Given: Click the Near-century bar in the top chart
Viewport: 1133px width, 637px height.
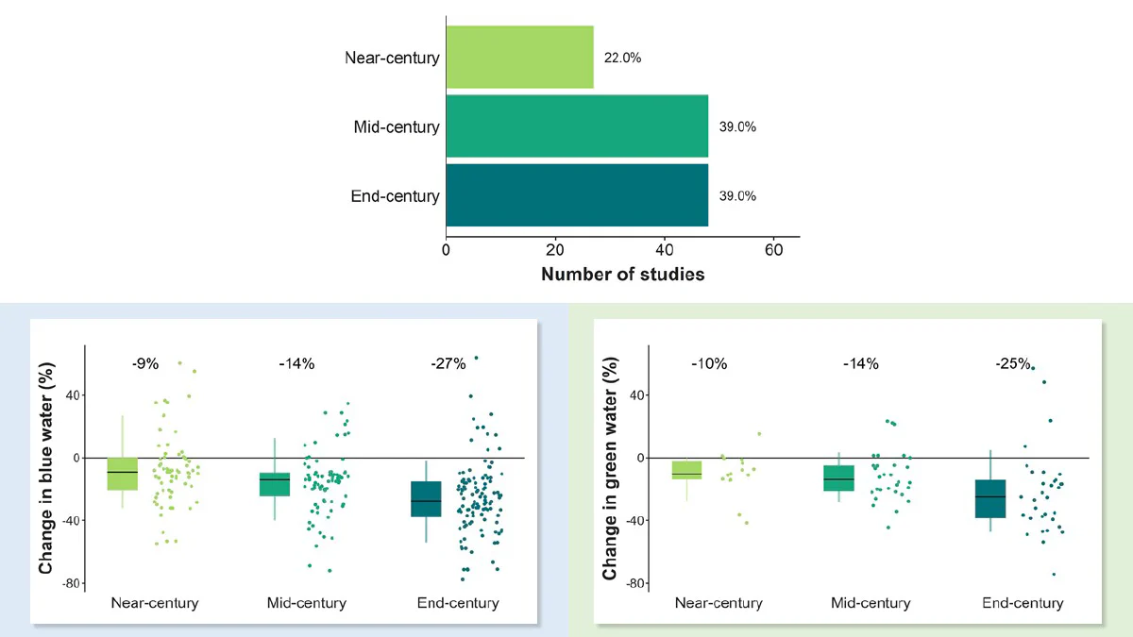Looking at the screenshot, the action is [x=520, y=58].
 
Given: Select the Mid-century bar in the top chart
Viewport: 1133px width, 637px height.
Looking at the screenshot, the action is [x=577, y=126].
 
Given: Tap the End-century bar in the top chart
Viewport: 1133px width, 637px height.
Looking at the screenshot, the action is [x=577, y=195].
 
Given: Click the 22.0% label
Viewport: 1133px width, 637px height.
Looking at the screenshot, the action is [x=622, y=58].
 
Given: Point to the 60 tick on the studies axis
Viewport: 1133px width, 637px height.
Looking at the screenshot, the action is [x=774, y=250].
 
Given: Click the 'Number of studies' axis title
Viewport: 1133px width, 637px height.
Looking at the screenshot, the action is [x=622, y=274].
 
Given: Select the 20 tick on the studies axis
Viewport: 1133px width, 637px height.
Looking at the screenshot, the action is [x=555, y=250].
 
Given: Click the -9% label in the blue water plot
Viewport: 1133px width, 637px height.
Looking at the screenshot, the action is [x=145, y=363].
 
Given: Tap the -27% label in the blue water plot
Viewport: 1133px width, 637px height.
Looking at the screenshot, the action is [x=448, y=363].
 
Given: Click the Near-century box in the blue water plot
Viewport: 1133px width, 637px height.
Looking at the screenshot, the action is [x=123, y=474].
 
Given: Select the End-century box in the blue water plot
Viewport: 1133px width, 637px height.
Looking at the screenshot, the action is [x=426, y=499].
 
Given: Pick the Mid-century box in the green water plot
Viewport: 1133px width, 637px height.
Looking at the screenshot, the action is [x=838, y=478].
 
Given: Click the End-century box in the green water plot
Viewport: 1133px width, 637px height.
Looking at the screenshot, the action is [x=990, y=499].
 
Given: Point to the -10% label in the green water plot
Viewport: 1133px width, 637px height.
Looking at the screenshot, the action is [x=709, y=363].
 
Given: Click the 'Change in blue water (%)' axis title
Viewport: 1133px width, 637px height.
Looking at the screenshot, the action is [x=45, y=468].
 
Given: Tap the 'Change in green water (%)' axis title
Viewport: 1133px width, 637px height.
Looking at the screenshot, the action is [x=610, y=468].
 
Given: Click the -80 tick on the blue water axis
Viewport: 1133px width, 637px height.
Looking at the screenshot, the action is [x=72, y=583].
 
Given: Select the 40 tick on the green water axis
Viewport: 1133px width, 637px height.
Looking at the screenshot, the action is [x=637, y=394].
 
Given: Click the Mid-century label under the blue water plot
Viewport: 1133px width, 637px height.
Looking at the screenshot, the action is [x=307, y=603].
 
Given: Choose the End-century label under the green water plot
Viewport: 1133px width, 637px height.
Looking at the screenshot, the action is [x=1023, y=603].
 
